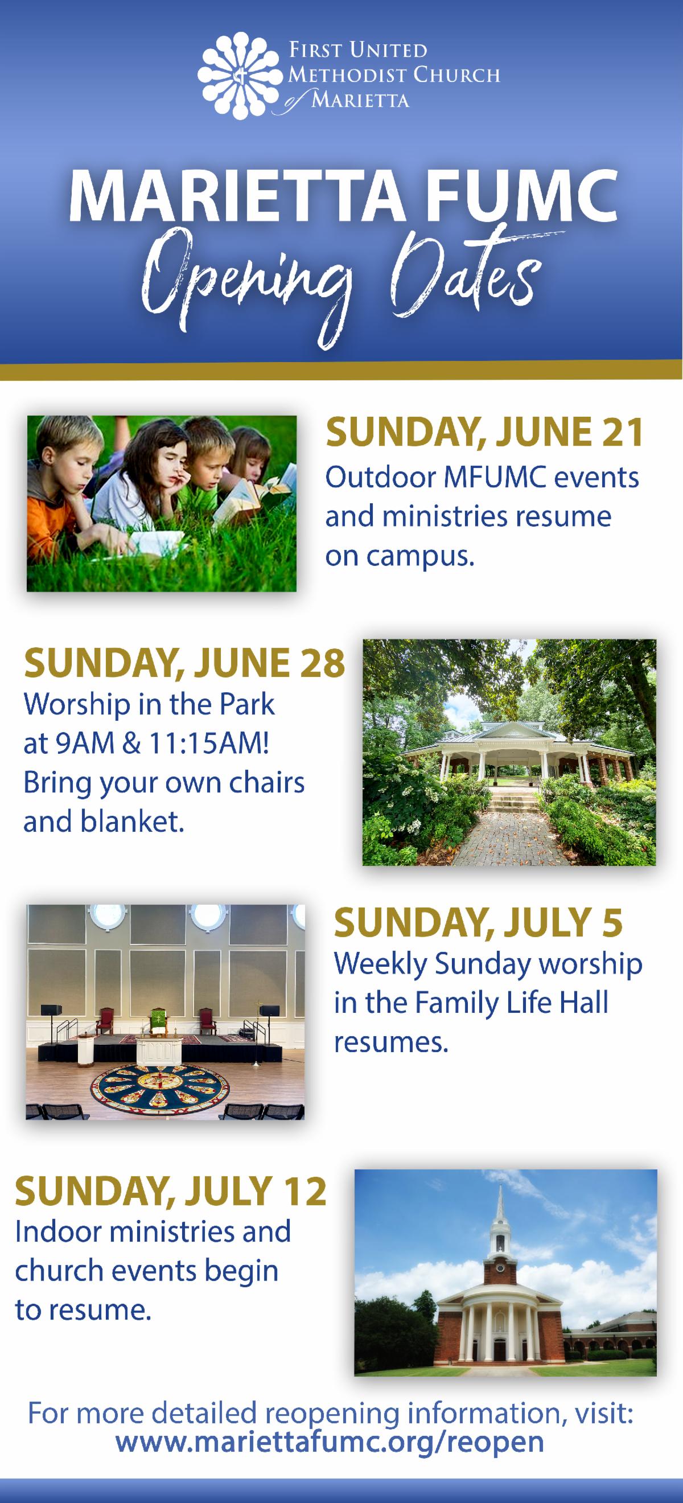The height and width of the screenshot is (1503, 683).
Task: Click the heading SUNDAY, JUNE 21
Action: pyautogui.click(x=484, y=433)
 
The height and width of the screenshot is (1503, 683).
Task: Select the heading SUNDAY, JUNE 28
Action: pyautogui.click(x=184, y=664)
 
